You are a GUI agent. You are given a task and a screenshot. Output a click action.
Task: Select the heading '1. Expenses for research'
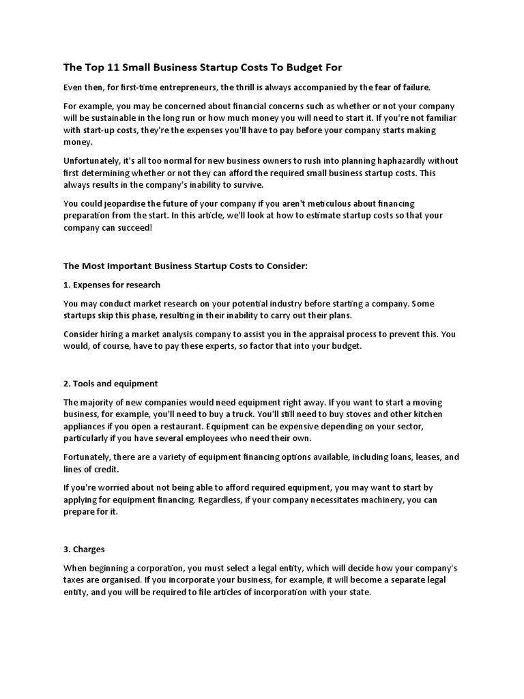point(112,284)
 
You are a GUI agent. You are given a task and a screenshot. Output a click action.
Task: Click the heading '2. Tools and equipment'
point(111,383)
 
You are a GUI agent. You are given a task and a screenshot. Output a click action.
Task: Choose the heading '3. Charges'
point(84,548)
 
